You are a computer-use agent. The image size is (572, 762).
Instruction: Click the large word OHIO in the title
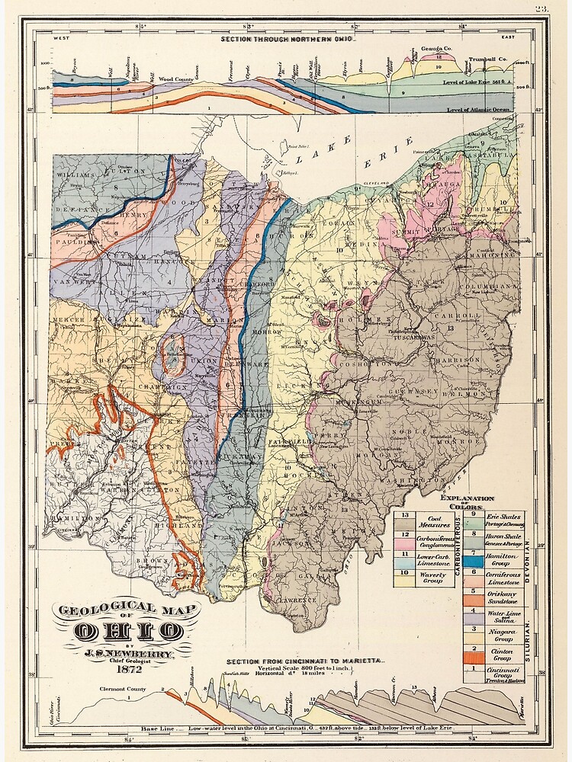tap(128, 631)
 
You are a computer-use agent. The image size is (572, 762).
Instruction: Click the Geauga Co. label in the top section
tap(438, 48)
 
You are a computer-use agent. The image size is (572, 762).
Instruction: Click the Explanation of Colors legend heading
tap(467, 500)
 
